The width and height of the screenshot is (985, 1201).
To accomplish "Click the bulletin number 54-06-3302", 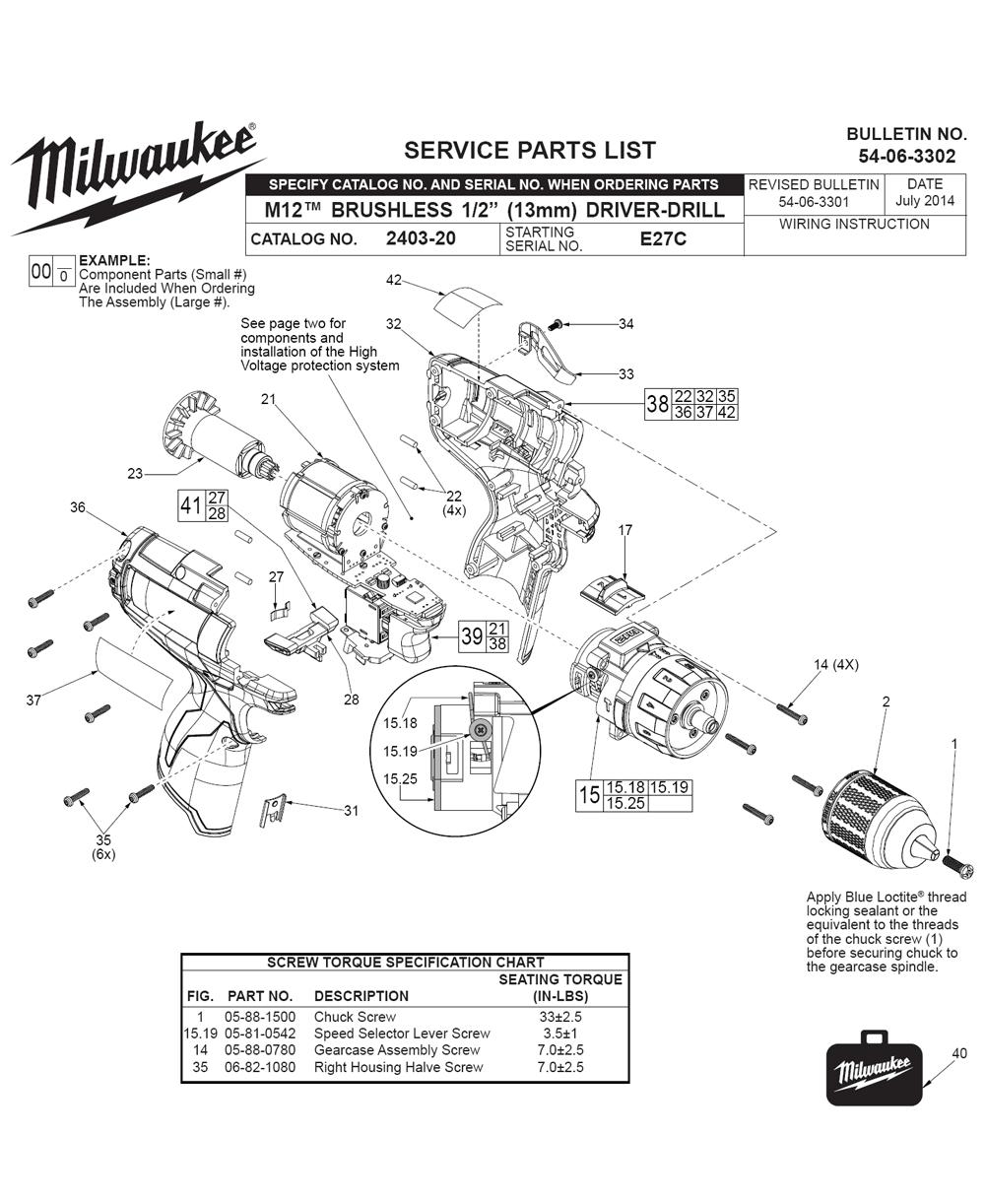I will [x=906, y=156].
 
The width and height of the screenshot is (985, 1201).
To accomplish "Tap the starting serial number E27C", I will [x=663, y=238].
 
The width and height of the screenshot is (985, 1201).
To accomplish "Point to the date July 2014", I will [x=925, y=201].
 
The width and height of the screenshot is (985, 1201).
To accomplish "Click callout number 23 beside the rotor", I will [x=136, y=474].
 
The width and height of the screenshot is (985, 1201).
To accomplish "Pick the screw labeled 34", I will [x=556, y=324].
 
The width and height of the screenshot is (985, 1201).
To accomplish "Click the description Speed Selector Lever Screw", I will [x=402, y=1034].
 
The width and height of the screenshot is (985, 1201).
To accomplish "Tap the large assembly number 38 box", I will [x=658, y=404].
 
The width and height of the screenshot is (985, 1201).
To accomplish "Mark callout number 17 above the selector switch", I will [x=624, y=530].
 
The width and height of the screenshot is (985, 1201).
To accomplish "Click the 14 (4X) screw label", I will [x=836, y=665].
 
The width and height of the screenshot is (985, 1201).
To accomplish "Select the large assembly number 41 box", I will [x=191, y=506].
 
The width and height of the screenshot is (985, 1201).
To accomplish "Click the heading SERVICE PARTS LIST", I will [x=530, y=150].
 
